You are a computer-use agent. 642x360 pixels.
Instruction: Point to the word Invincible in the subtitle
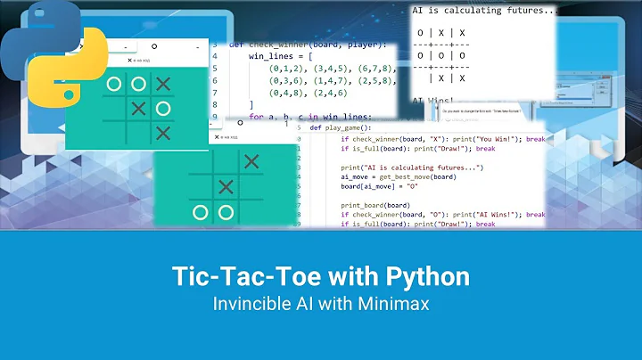click(x=249, y=303)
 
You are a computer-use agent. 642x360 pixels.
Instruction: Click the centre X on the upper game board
click(x=138, y=109)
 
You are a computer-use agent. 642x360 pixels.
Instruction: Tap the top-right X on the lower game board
click(x=252, y=161)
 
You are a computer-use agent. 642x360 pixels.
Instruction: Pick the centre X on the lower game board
click(x=226, y=186)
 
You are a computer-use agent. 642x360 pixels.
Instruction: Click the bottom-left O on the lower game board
click(x=201, y=212)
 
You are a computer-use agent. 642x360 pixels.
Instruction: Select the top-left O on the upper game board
click(x=113, y=84)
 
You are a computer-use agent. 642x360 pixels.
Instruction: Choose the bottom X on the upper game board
click(x=162, y=133)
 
